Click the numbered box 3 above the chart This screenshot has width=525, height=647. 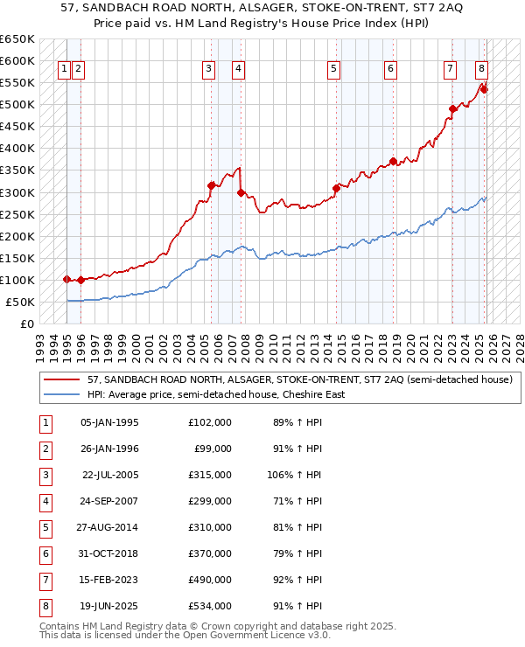[x=209, y=70]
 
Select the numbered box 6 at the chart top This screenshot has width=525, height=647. [x=390, y=70]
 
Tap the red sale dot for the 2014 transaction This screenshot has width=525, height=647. [x=336, y=188]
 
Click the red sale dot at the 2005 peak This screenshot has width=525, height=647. [x=211, y=185]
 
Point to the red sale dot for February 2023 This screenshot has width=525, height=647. [x=452, y=109]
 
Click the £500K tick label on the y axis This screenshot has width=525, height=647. [x=17, y=105]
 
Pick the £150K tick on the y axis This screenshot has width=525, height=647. [x=17, y=258]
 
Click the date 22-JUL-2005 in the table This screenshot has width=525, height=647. [x=109, y=476]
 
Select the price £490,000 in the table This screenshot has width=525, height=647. [x=210, y=581]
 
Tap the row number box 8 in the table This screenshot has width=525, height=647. [x=44, y=607]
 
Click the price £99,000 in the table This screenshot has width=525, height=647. [x=213, y=449]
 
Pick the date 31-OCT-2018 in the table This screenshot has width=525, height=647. [x=109, y=554]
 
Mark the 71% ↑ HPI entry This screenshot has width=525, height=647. [x=296, y=502]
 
